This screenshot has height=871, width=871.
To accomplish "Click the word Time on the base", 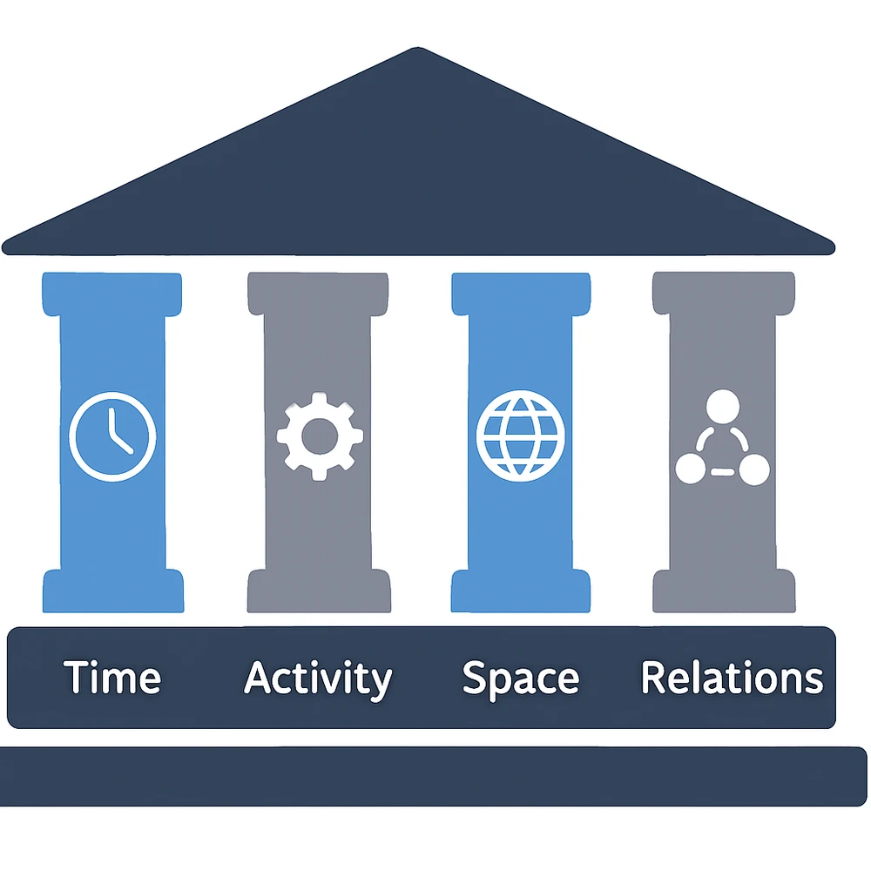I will (x=112, y=678).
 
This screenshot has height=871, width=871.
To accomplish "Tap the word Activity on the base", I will (x=318, y=678).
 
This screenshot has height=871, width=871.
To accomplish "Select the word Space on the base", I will (x=520, y=678).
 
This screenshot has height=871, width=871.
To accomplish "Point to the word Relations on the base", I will (x=732, y=678).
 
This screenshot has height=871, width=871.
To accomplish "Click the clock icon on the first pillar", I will (x=112, y=435).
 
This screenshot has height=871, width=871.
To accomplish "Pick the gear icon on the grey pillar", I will (x=319, y=435).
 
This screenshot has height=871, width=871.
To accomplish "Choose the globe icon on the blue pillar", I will (x=521, y=435).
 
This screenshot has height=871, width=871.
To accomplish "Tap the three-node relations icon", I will (x=723, y=440).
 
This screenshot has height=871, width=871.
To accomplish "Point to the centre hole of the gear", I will (x=319, y=435).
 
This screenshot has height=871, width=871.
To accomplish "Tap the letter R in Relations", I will (x=653, y=678).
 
